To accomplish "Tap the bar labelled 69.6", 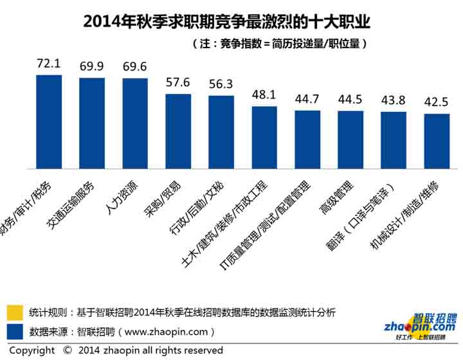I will pyautogui.click(x=135, y=123).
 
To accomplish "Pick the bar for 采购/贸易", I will pyautogui.click(x=178, y=132).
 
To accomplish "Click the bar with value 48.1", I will pyautogui.click(x=264, y=138).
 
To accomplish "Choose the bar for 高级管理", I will pyautogui.click(x=350, y=140).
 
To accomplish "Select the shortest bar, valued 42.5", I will pyautogui.click(x=437, y=141).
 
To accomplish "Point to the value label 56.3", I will pyautogui.click(x=221, y=84).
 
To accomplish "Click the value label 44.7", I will pyautogui.click(x=307, y=98).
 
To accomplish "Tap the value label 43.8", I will pyautogui.click(x=394, y=100).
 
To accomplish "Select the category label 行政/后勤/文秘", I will pyautogui.click(x=201, y=208).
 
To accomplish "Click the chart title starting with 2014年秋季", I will pyautogui.click(x=227, y=21).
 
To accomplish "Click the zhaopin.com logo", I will pyautogui.click(x=420, y=326).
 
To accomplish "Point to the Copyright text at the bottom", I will pyautogui.click(x=116, y=351).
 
